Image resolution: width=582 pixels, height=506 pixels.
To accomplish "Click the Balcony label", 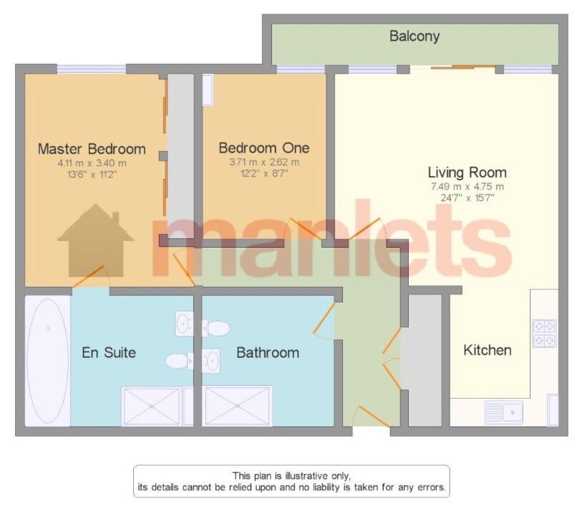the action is pyautogui.click(x=414, y=37).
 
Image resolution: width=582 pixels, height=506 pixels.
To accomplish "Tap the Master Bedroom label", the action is pyautogui.click(x=92, y=149).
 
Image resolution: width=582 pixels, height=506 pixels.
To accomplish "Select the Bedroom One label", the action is pyautogui.click(x=264, y=148).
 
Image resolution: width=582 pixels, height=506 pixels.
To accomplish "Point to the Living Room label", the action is pyautogui.click(x=467, y=172).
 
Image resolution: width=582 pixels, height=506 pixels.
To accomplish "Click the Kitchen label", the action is pyautogui.click(x=488, y=350).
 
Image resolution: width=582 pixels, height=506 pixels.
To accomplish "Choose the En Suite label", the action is pyautogui.click(x=109, y=352).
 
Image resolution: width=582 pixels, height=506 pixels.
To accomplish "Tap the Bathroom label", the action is pyautogui.click(x=268, y=352).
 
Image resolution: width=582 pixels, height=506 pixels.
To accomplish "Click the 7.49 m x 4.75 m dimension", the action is pyautogui.click(x=467, y=187).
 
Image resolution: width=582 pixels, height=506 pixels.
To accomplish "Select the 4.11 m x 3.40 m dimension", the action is pyautogui.click(x=92, y=163).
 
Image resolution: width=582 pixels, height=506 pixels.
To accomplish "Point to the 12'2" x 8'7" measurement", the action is pyautogui.click(x=264, y=173).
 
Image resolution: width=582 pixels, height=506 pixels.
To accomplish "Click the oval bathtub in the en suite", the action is pyautogui.click(x=47, y=361).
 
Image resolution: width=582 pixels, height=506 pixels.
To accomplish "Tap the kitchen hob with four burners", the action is pyautogui.click(x=545, y=333).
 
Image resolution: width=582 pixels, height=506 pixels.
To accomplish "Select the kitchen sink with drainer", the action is pyautogui.click(x=504, y=412).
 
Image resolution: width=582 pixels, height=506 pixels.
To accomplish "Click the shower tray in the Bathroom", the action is pyautogui.click(x=238, y=406).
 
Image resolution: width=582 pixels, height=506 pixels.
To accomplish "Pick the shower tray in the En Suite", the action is pyautogui.click(x=152, y=406).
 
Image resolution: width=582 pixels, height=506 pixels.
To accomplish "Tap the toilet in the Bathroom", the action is pyautogui.click(x=215, y=329).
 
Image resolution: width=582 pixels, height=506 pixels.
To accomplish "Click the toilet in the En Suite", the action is pyautogui.click(x=179, y=361).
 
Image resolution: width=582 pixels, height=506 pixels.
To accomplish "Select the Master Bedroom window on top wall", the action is pyautogui.click(x=92, y=69).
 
